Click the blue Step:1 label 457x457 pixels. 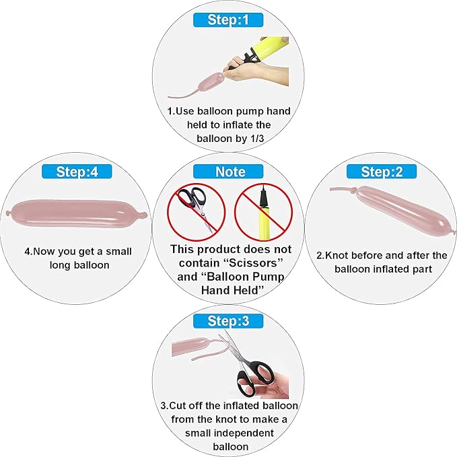coord(228,20)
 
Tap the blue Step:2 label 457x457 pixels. coord(382,172)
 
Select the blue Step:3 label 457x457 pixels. coord(228,321)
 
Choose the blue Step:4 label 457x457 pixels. coord(77,172)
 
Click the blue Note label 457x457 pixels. coord(228,172)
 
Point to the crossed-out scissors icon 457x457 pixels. coord(196,212)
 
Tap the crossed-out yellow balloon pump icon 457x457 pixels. coord(263,212)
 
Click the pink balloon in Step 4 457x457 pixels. coord(77,214)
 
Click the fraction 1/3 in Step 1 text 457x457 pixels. coord(257,139)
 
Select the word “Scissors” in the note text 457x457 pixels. coord(254,263)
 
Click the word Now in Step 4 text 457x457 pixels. coord(44,252)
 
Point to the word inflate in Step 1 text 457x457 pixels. coord(237,125)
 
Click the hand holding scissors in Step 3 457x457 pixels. coord(273,384)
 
